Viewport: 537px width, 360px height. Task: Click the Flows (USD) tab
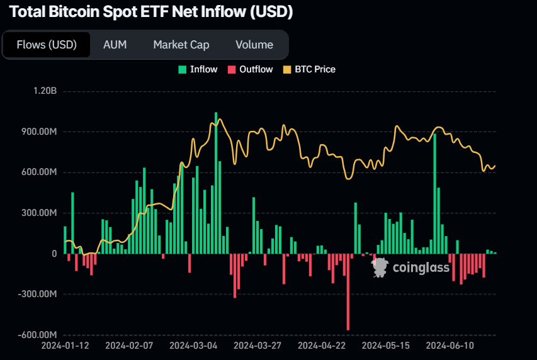pos(47,45)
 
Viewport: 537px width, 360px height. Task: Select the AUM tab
pos(115,45)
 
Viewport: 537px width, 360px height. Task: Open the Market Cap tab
pos(181,45)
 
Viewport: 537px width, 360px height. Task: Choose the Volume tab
pos(254,45)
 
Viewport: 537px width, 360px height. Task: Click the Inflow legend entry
pos(198,69)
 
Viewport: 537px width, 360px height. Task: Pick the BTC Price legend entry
pos(310,69)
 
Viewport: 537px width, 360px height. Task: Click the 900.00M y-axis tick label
pos(37,132)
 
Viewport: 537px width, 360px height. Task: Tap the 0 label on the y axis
pos(54,254)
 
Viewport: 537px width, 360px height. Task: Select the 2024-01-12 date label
pos(65,346)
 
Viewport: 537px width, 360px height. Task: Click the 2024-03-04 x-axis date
pos(194,346)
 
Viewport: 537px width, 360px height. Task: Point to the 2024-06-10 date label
pos(449,346)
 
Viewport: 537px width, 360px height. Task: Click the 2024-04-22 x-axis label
pos(322,346)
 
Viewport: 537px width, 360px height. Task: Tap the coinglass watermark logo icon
pos(380,267)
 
